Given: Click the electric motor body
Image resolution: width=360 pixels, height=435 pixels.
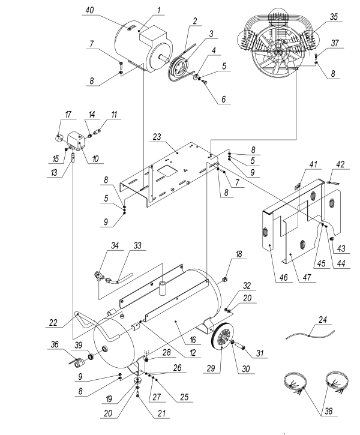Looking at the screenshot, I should point(135,50).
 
